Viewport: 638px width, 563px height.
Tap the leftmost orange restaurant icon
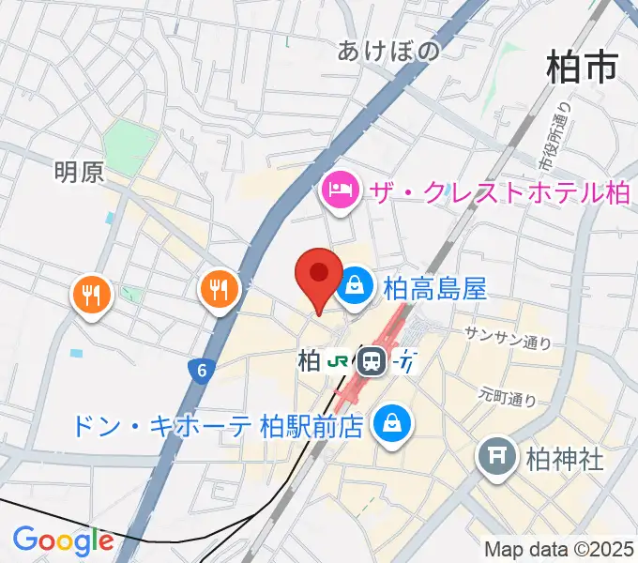click(92, 297)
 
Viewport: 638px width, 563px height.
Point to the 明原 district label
click(79, 172)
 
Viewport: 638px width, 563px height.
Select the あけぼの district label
click(388, 52)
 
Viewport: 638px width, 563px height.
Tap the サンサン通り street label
click(508, 338)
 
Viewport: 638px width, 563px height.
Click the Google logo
click(63, 540)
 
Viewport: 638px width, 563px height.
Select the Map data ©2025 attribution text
click(560, 549)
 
